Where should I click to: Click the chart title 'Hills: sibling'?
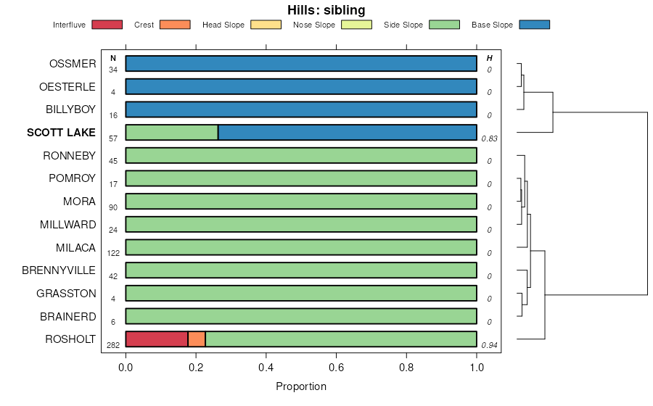click(x=326, y=10)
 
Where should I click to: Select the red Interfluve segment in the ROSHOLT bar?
click(x=157, y=339)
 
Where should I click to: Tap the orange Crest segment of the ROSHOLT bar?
click(x=197, y=339)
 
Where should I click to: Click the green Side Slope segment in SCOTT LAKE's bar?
click(x=172, y=133)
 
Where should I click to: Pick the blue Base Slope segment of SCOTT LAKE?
click(x=347, y=133)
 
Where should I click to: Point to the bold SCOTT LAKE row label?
click(x=61, y=133)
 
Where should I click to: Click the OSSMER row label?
click(x=73, y=64)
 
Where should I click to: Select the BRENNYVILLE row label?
click(x=59, y=270)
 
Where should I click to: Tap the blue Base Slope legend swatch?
click(x=534, y=25)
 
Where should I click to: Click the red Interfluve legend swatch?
click(x=107, y=25)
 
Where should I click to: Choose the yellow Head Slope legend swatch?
click(x=266, y=25)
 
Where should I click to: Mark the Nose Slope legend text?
click(x=314, y=25)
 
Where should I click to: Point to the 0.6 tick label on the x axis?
click(x=336, y=367)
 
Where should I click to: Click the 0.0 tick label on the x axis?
click(x=126, y=367)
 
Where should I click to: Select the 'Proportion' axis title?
click(x=301, y=386)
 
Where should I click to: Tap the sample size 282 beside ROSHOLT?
click(x=113, y=346)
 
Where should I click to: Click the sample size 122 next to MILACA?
click(x=113, y=254)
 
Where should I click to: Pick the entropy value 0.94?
click(x=488, y=346)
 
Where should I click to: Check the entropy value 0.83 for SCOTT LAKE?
click(x=488, y=138)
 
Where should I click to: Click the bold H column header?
click(x=490, y=58)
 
